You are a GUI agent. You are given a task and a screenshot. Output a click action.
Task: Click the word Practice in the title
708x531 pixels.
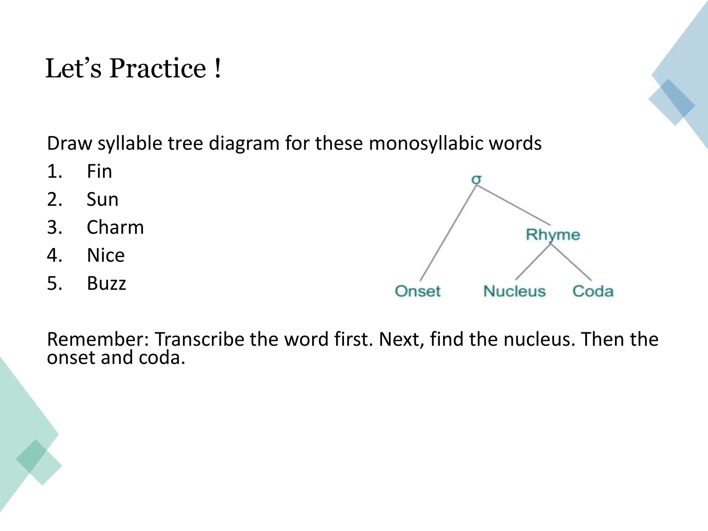[x=158, y=68]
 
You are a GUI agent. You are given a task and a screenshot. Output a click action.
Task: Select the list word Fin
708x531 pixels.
[x=99, y=171]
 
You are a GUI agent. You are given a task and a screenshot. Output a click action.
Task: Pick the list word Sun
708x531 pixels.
[x=102, y=199]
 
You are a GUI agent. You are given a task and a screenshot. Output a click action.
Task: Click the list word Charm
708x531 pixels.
[x=115, y=227]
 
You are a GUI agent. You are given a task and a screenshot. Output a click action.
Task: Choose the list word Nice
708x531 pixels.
[x=105, y=255]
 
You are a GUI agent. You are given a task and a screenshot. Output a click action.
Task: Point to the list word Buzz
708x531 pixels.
[x=106, y=283]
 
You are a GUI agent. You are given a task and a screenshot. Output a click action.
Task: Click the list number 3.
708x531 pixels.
[x=54, y=227]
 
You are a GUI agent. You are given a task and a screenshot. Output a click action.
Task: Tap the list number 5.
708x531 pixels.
[x=54, y=283]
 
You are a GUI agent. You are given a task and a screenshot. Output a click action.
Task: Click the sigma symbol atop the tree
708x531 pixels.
[x=476, y=179]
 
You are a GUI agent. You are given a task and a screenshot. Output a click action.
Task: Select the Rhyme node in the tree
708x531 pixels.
[x=553, y=235]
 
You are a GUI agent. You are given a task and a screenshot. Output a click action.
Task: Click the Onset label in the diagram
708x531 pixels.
[x=418, y=291]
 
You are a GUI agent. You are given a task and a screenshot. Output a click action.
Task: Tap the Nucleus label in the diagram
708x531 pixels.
[x=514, y=291]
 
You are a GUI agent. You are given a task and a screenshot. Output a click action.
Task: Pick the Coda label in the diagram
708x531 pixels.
[x=593, y=291]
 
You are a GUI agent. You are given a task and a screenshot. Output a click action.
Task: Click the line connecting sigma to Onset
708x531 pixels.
[x=448, y=233]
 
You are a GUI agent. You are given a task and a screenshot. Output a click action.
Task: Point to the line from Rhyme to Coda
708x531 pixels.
[x=571, y=262]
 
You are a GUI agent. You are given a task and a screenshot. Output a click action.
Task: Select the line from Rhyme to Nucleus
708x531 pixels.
[x=533, y=262]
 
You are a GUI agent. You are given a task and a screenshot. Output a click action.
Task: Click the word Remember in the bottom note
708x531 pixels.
[x=98, y=339]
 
